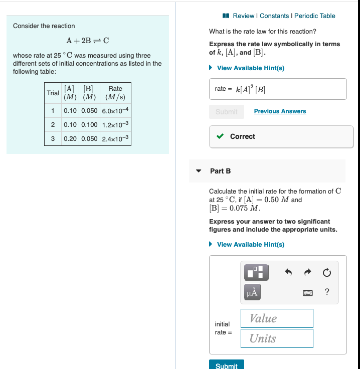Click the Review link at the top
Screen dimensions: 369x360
point(244,16)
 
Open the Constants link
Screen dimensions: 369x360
point(274,16)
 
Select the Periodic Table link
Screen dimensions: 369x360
point(314,16)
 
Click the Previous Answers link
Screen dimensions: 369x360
point(280,111)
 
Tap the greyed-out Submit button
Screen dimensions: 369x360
point(227,112)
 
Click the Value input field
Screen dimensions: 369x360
point(277,318)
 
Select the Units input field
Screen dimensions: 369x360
point(277,338)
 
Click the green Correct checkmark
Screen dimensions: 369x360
point(220,136)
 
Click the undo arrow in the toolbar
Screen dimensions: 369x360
point(288,273)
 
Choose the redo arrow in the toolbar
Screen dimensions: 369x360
point(307,273)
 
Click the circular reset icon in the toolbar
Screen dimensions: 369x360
point(326,273)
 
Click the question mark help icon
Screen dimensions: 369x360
point(327,292)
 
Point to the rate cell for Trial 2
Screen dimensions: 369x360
point(115,124)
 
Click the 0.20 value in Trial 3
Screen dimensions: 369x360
point(70,138)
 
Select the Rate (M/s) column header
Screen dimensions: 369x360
point(115,93)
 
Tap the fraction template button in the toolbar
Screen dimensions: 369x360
point(257,272)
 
